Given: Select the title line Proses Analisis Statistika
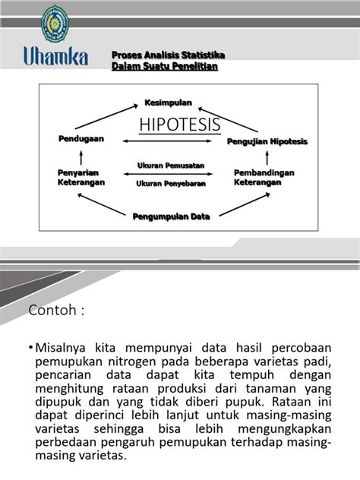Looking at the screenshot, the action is [x=168, y=56].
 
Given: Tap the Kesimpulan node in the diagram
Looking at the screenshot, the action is [x=169, y=103].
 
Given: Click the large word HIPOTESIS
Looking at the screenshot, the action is [x=179, y=125].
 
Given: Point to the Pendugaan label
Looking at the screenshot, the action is [x=81, y=139].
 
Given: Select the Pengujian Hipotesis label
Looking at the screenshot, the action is [x=267, y=142].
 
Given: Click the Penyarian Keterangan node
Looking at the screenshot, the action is [x=81, y=178].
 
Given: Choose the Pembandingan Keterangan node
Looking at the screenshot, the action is [x=264, y=178].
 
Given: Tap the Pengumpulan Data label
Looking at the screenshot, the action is [x=171, y=216].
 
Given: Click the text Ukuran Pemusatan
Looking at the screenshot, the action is [x=170, y=166].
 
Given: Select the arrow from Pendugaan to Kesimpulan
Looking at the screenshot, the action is [x=111, y=118].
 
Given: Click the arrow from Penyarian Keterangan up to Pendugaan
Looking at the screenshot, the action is [x=81, y=158].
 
